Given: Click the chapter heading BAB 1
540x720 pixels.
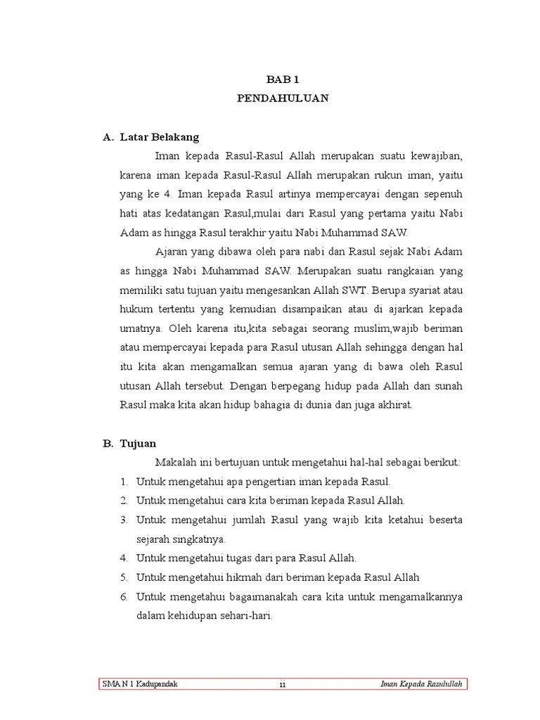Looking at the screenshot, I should pos(282,81).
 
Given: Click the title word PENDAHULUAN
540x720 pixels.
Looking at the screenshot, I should pos(282,99).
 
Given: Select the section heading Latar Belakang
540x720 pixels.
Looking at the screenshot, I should pos(160,137).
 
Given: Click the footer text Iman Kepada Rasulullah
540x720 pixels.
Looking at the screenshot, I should pos(420,684).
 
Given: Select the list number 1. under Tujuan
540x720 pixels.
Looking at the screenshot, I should pos(123,482).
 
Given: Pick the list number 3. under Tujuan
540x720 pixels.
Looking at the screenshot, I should pos(123,520).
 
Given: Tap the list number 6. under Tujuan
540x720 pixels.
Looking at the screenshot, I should pos(123,597).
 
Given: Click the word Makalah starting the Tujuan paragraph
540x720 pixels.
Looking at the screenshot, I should pos(174,463).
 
